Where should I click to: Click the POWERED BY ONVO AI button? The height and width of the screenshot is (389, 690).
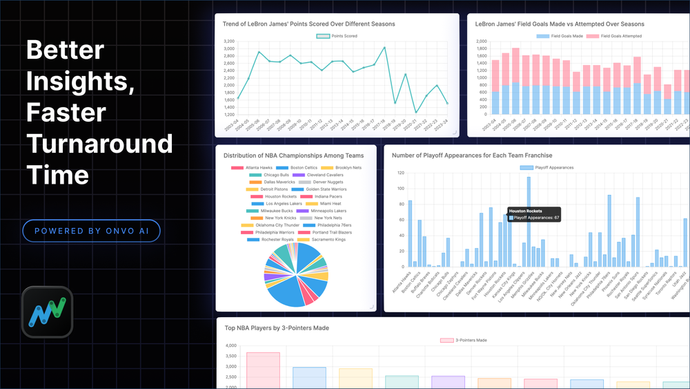[x=91, y=231]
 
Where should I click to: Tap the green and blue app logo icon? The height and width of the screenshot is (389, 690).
[x=47, y=312]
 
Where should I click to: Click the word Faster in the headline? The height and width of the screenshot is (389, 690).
[x=66, y=113]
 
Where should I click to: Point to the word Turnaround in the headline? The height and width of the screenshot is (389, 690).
[x=99, y=144]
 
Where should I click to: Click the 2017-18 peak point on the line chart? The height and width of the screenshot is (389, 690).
[x=384, y=48]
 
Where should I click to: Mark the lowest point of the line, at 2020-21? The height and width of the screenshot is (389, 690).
[x=416, y=112]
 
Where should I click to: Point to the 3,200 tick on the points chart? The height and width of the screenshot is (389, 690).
[x=228, y=41]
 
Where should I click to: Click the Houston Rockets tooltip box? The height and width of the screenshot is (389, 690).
[x=533, y=214]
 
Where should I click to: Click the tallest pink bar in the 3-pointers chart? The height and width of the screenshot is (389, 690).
[x=263, y=370]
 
